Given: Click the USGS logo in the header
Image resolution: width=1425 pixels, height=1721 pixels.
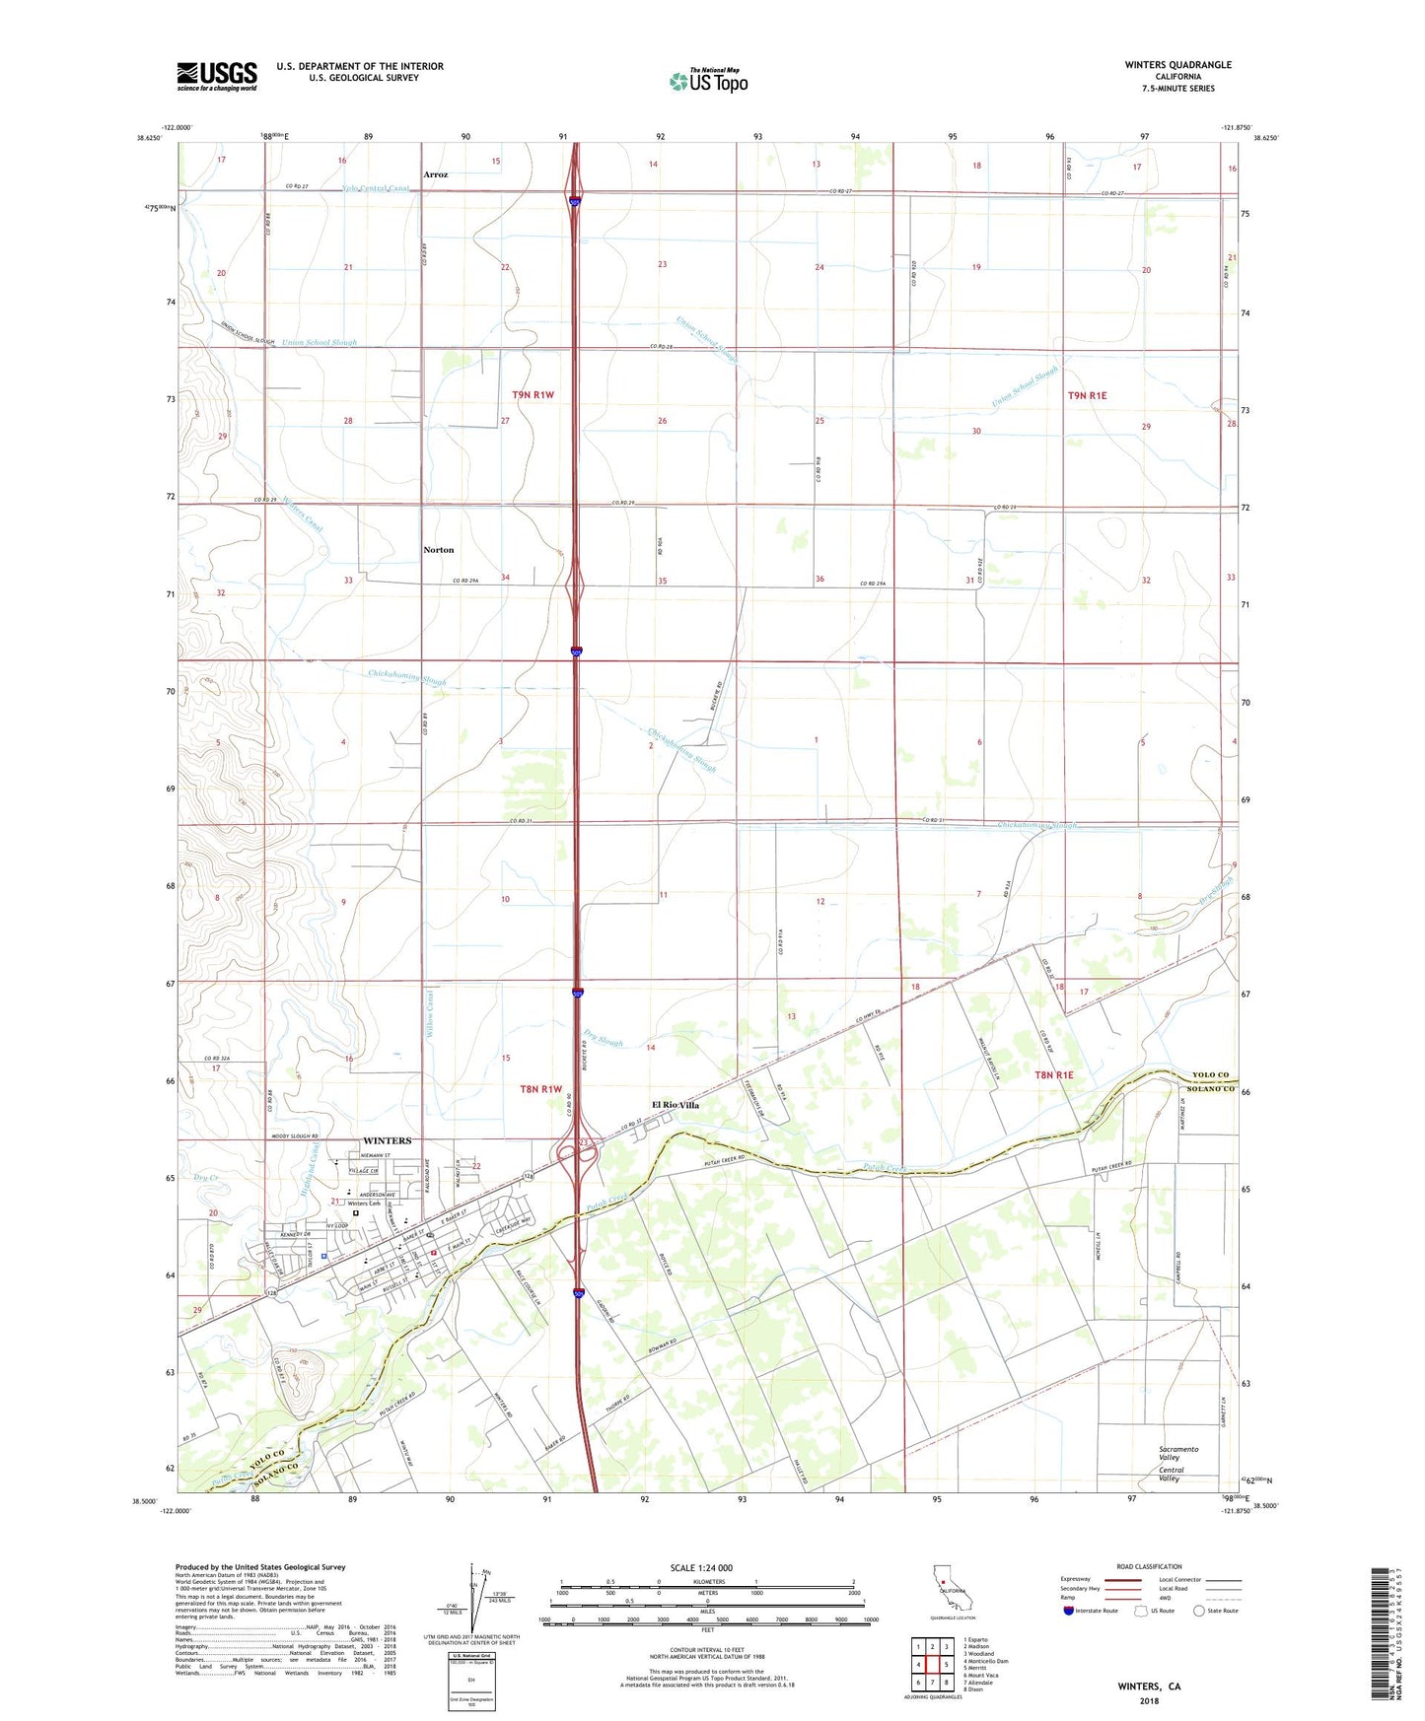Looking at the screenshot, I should click(217, 76).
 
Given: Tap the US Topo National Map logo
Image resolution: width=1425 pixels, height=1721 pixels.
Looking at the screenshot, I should click(708, 80).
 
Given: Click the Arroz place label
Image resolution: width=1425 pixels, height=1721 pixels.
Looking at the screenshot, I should click(435, 174).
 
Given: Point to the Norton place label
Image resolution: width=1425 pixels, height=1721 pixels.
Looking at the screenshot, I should click(438, 550).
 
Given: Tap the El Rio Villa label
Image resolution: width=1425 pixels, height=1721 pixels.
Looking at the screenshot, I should click(675, 1105).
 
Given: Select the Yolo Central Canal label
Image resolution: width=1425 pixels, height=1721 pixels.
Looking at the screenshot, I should click(376, 188).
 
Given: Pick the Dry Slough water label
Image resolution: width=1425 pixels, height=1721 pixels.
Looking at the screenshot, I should click(604, 1038).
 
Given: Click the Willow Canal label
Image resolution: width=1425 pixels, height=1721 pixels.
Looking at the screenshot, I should click(429, 1016).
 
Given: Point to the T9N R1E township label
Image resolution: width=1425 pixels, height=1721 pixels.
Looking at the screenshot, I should click(1087, 395).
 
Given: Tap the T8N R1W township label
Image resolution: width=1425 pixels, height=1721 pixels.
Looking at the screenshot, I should click(540, 1089).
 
